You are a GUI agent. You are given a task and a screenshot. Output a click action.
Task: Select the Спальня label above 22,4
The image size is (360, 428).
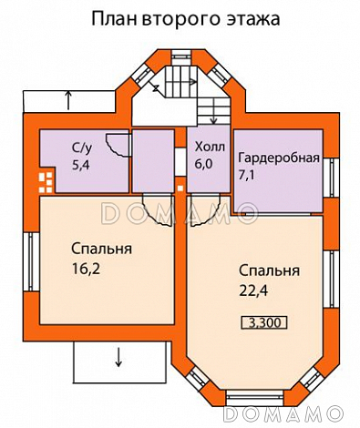coord(270,271)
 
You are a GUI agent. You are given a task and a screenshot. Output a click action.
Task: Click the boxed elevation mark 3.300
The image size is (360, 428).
coord(262,321)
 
